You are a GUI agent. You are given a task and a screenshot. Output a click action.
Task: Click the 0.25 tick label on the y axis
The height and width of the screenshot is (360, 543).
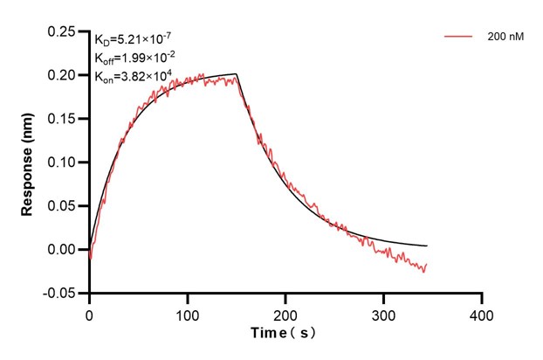pyautogui.click(x=64, y=31)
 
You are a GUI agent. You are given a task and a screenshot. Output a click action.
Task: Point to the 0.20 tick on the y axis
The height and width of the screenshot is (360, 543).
pyautogui.click(x=64, y=75)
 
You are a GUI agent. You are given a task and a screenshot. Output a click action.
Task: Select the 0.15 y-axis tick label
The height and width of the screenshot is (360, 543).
pyautogui.click(x=64, y=119)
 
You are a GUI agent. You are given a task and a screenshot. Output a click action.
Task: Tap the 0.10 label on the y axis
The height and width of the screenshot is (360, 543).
pyautogui.click(x=64, y=163)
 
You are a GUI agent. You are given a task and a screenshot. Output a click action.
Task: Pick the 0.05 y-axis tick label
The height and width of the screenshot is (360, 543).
pyautogui.click(x=64, y=206)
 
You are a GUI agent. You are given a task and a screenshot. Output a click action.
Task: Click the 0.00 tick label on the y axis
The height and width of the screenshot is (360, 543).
pyautogui.click(x=64, y=250)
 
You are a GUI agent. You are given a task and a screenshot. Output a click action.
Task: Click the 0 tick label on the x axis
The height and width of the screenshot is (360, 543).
pyautogui.click(x=89, y=312)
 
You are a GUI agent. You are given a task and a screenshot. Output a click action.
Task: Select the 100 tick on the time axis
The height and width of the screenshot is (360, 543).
pyautogui.click(x=187, y=312)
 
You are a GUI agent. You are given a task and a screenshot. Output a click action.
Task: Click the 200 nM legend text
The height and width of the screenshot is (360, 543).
pyautogui.click(x=505, y=38)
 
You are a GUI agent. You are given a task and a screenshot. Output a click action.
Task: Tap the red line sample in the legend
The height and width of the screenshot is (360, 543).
pyautogui.click(x=459, y=38)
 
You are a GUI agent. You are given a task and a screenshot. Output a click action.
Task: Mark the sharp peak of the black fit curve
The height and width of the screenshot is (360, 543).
pyautogui.click(x=237, y=74)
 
